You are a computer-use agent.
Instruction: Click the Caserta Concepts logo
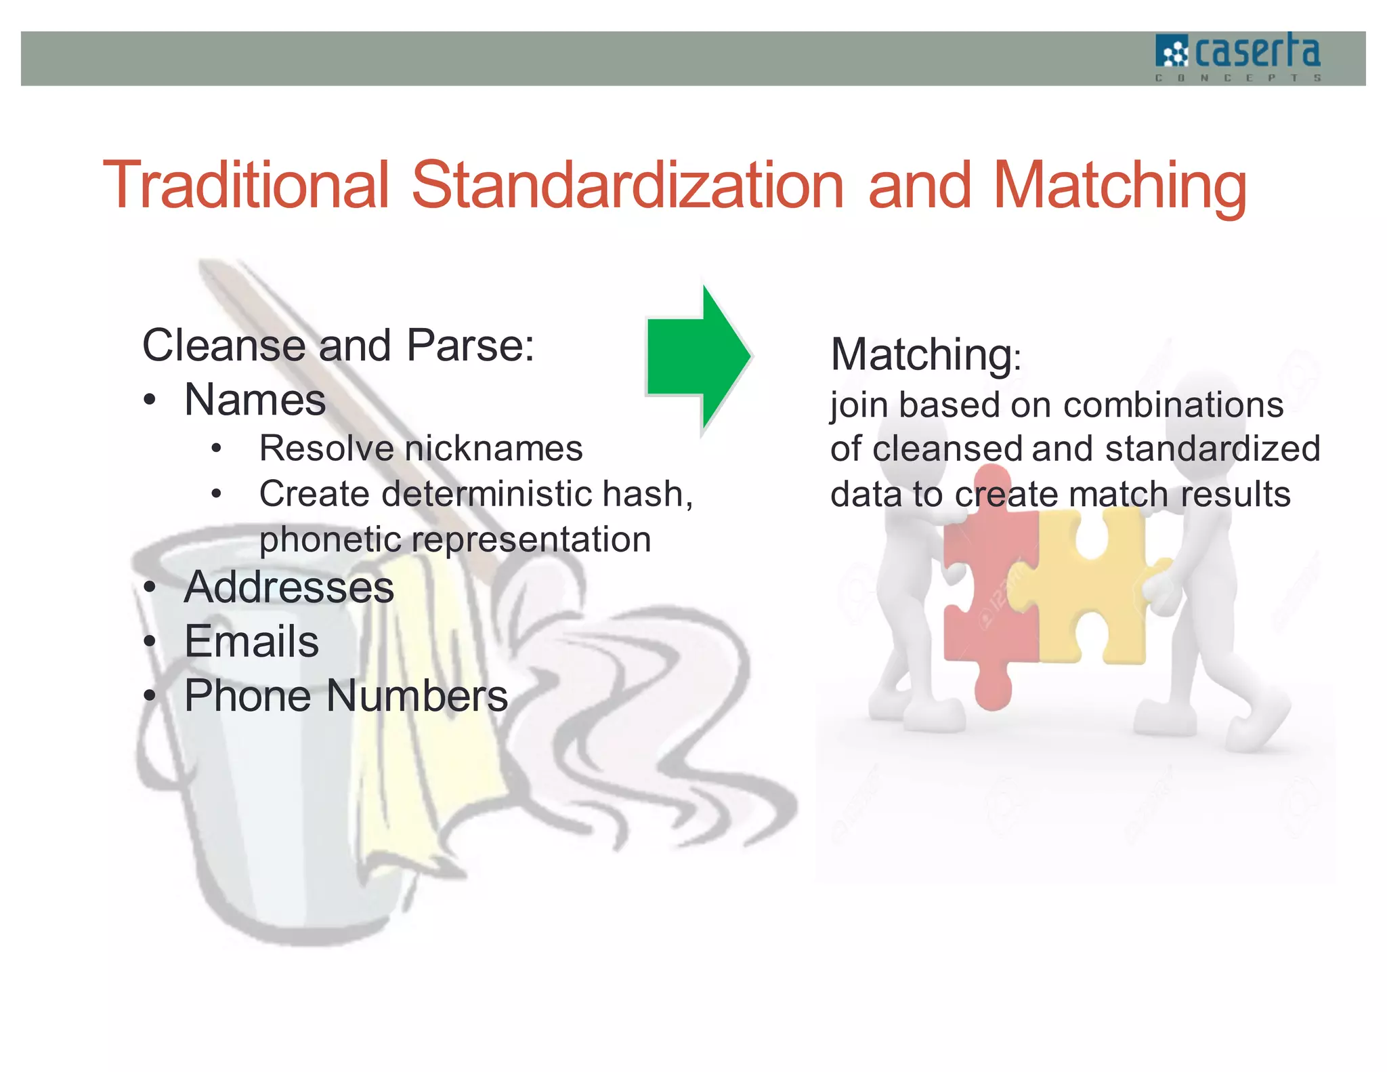1237,58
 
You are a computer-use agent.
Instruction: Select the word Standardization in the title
627,185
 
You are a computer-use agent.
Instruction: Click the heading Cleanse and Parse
338,346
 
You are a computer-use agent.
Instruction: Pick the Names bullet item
255,400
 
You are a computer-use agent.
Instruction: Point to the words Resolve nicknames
421,449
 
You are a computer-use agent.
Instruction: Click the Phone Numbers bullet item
345,696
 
